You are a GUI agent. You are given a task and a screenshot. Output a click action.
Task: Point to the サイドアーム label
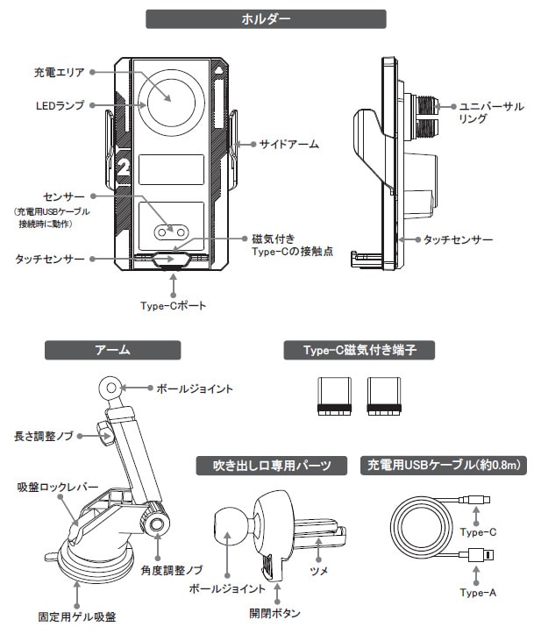point(289,143)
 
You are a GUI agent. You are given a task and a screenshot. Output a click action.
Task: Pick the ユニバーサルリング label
point(492,112)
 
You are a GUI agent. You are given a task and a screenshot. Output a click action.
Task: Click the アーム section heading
point(112,350)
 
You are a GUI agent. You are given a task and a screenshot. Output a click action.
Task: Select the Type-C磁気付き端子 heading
point(360,350)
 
